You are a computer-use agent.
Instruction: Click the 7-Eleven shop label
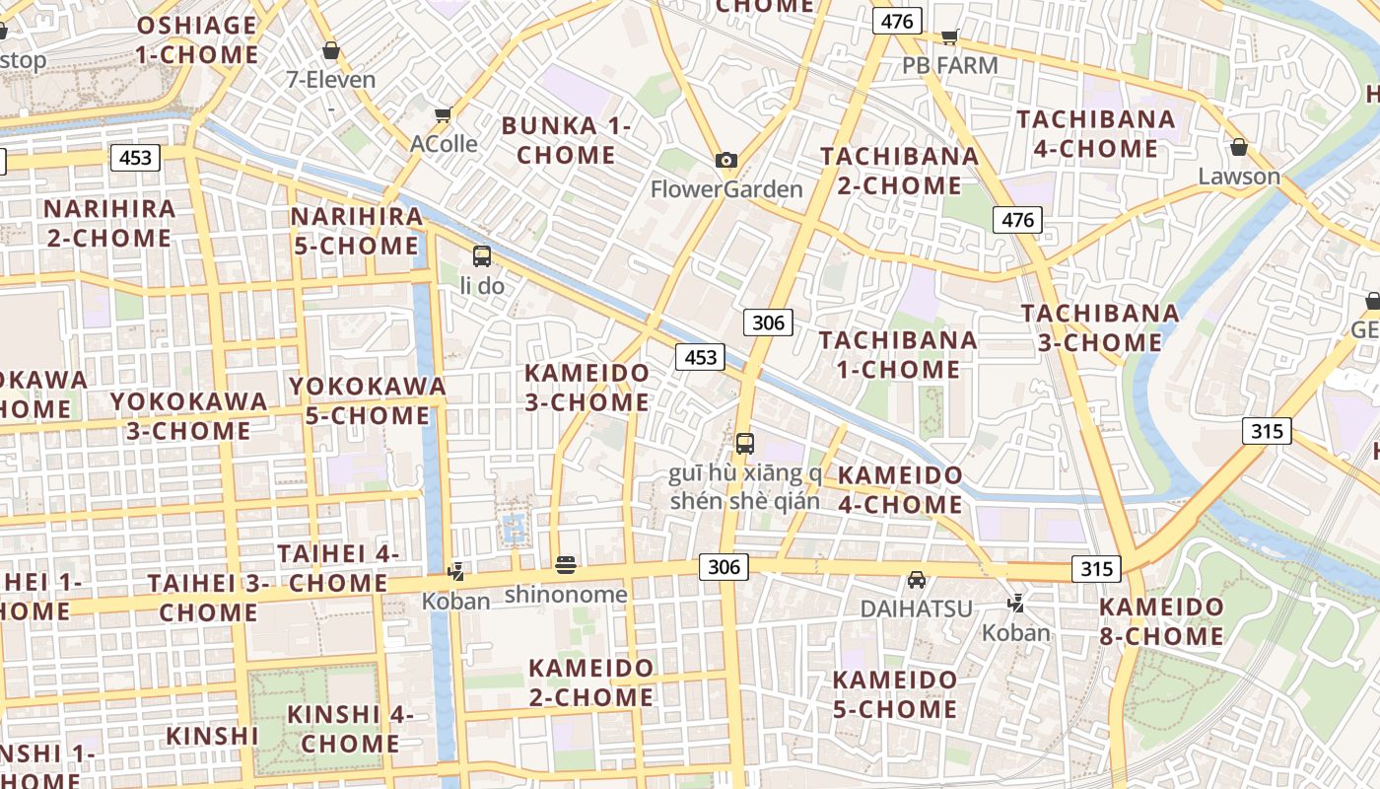coord(330,79)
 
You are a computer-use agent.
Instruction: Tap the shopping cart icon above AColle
coord(444,115)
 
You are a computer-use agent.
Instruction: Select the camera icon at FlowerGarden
coord(726,160)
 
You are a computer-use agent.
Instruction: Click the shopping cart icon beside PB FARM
coord(949,37)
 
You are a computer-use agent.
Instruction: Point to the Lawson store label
coord(1239,177)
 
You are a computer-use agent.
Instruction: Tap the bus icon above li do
coord(481,256)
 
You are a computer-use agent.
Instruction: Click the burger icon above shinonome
coord(566,565)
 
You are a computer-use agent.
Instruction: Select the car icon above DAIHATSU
coord(917,580)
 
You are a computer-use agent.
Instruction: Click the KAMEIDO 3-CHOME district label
coord(586,388)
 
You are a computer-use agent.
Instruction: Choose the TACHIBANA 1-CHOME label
coord(898,354)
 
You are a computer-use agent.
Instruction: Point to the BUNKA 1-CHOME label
coord(566,140)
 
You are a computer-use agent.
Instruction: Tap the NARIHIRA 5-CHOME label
coord(357,231)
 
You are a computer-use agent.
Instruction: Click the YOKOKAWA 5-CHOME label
coord(368,400)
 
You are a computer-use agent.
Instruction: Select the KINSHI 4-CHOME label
coord(350,728)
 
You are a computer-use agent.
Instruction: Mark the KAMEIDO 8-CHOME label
coord(1161,621)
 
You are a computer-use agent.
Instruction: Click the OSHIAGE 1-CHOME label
coord(197,39)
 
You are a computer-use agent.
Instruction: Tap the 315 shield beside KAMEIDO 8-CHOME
coord(1096,569)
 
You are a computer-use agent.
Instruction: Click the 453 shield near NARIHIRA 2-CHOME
coord(135,158)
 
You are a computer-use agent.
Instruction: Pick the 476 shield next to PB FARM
coord(896,21)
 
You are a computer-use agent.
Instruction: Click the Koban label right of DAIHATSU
coord(1016,632)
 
